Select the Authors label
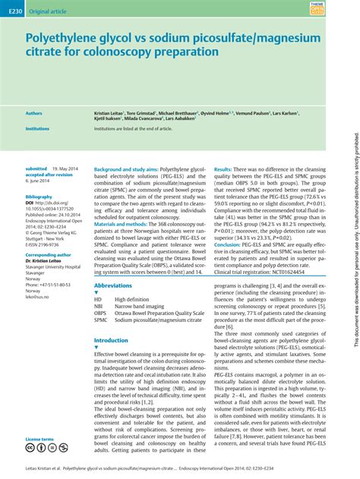tap(34, 112)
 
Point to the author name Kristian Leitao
tap(112, 112)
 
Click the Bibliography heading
tap(39, 197)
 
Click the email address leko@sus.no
tap(38, 296)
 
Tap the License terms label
tap(39, 439)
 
